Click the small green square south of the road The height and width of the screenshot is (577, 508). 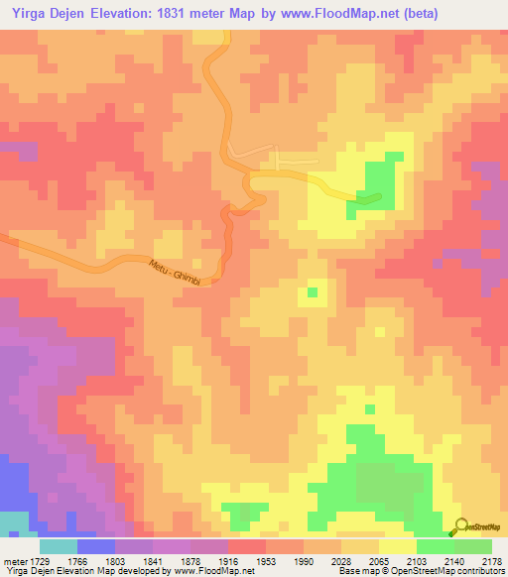coord(313,292)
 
